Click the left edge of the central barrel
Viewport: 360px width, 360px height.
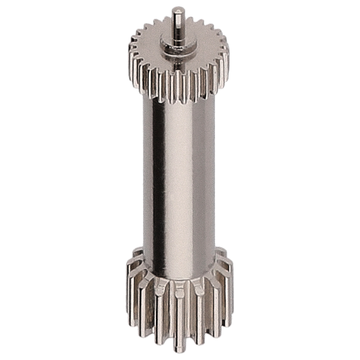coord(143,180)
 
